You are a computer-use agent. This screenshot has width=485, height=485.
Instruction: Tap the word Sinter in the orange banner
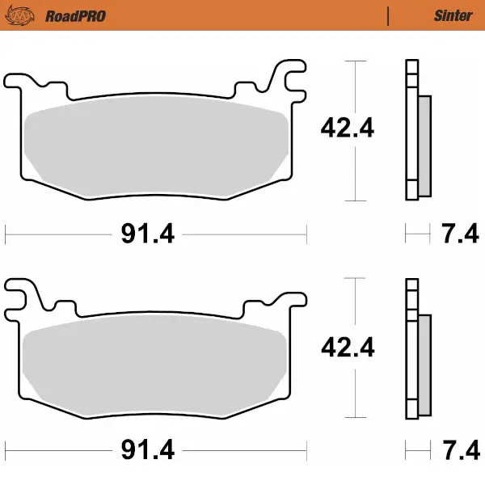click(x=453, y=15)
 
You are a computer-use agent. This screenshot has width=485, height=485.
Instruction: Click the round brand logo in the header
click(x=25, y=15)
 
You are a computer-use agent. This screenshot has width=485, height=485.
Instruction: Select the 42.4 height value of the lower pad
click(x=348, y=348)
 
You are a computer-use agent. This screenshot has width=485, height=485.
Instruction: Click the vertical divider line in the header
click(x=389, y=15)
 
